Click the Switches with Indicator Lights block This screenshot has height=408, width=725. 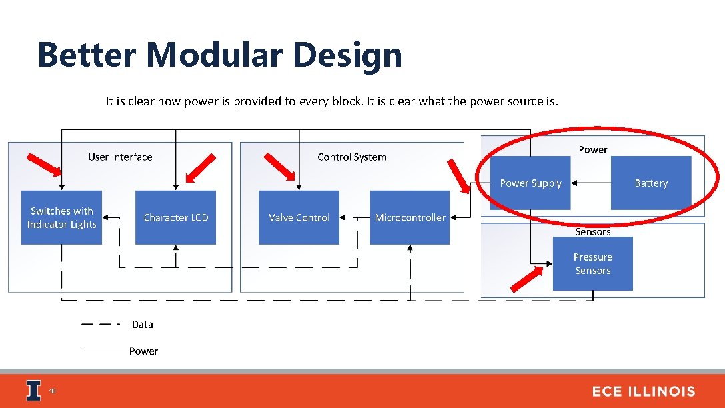tap(61, 217)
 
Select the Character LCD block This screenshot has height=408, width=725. tap(175, 217)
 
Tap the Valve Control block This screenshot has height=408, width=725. tap(299, 217)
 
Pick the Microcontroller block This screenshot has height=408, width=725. tap(410, 217)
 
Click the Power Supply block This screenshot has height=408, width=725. tap(530, 183)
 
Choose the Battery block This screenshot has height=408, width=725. tap(651, 183)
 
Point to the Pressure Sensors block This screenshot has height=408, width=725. tap(592, 264)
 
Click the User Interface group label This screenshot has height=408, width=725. tap(120, 157)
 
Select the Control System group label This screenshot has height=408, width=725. tap(352, 157)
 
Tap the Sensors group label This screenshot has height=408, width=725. tap(592, 232)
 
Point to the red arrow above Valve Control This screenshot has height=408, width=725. tap(279, 166)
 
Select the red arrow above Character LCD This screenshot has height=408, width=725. tap(201, 167)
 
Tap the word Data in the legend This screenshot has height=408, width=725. tap(142, 325)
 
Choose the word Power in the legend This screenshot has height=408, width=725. tap(143, 351)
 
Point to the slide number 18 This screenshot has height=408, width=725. tap(53, 391)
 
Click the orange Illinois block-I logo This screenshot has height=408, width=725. tap(33, 391)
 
